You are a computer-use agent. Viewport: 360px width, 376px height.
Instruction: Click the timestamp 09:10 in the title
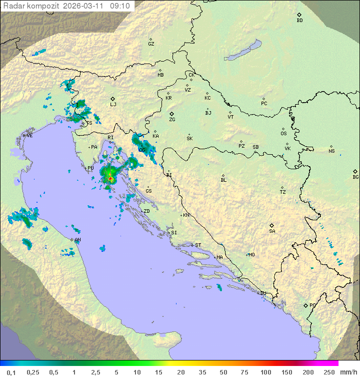pos(120,6)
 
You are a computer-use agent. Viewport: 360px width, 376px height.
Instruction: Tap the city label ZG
pos(172,120)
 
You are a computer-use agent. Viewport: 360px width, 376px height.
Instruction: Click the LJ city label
pos(113,105)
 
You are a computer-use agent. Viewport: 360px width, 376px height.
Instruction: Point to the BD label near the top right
pos(299,21)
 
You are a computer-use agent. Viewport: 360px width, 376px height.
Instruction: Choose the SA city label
pos(272,231)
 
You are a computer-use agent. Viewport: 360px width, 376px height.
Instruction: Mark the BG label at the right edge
pos(355,177)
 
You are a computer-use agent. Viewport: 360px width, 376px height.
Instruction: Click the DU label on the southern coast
pos(263,293)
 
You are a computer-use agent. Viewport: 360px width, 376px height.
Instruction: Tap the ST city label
pos(198,245)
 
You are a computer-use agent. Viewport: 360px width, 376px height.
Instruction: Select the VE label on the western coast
pos(29,136)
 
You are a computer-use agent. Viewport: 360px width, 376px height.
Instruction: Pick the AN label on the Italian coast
pos(77,240)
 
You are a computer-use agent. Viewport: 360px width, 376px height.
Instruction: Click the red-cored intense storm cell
pos(110,178)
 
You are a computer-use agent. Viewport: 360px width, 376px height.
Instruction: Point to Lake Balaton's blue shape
pos(243,51)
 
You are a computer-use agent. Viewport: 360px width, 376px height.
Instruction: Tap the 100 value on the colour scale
pos(265,372)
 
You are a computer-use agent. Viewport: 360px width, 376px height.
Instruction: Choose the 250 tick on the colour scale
pos(328,372)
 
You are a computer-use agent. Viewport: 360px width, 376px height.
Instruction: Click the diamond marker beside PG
pos(305,305)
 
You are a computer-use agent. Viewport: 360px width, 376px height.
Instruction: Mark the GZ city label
pos(151,44)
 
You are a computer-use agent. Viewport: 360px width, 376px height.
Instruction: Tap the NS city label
pos(331,151)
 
